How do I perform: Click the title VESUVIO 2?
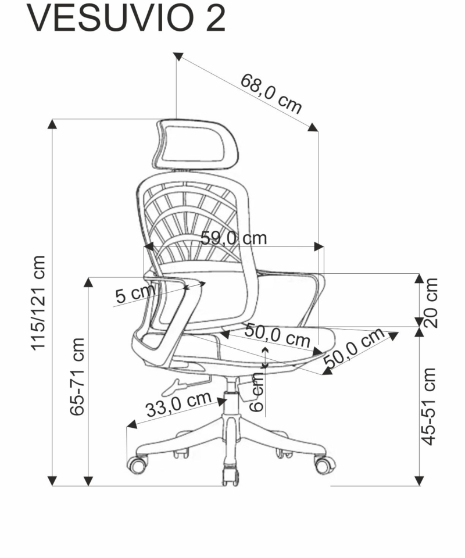(126, 19)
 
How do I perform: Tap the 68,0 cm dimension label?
(271, 94)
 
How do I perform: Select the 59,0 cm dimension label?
(234, 238)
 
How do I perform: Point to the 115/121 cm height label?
(38, 303)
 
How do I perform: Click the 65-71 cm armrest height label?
(77, 377)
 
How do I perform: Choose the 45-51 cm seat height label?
(428, 406)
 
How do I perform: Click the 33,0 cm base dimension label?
(178, 405)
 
